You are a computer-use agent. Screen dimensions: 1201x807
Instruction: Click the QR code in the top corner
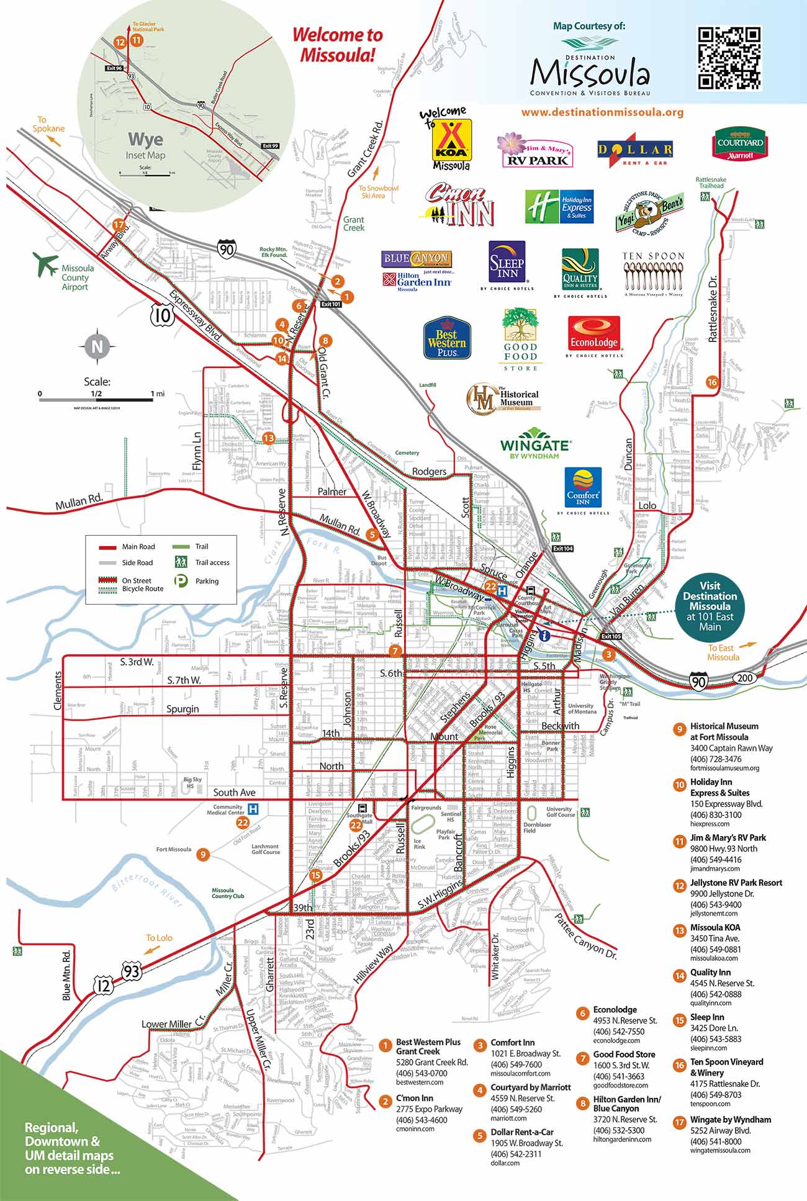729,58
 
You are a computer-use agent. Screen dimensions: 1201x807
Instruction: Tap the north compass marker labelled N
96,346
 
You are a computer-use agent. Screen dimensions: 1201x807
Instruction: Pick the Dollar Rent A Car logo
634,150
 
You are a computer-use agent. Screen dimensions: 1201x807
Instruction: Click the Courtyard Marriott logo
738,144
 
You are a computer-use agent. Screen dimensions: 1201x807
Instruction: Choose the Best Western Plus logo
447,338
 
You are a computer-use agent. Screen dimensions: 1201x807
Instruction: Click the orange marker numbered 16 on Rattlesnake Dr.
712,382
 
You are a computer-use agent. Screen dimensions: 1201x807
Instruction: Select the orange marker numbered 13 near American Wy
268,438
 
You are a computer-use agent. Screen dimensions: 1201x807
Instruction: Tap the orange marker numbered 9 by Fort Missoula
202,855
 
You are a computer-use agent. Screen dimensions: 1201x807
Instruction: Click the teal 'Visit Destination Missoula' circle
710,606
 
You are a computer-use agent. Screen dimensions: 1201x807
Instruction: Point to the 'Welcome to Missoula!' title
338,45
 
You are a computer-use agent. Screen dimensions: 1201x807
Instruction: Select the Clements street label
58,690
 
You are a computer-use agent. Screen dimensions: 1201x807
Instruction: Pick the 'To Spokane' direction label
49,124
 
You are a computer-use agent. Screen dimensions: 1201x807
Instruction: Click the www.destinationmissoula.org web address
602,113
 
